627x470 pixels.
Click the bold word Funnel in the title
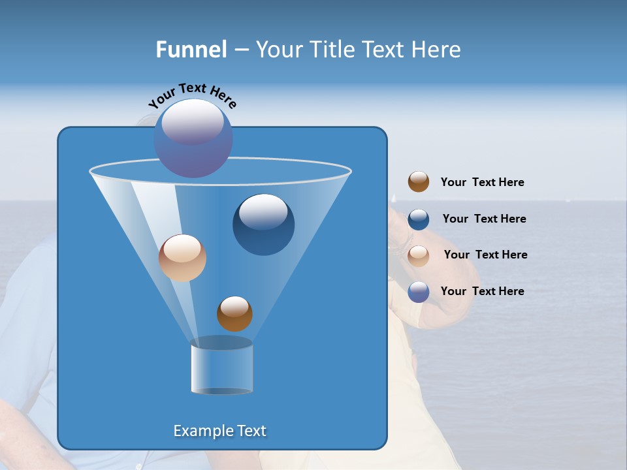click(x=191, y=50)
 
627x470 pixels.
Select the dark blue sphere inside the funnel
click(x=263, y=225)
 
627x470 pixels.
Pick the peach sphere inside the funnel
click(x=182, y=258)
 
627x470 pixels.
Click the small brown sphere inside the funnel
click(x=234, y=314)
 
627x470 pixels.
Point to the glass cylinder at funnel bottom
click(x=221, y=366)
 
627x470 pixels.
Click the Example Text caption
click(x=219, y=431)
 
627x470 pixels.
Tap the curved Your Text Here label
click(x=192, y=95)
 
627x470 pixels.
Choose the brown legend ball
click(x=419, y=182)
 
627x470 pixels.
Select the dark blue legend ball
click(x=419, y=219)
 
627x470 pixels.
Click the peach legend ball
click(x=419, y=255)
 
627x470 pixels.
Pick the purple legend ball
click(x=419, y=292)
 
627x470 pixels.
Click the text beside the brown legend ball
click(x=482, y=183)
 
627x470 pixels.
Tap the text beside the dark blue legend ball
click(x=484, y=219)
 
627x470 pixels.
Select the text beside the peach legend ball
click(x=485, y=255)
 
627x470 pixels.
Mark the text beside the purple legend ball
click(x=482, y=292)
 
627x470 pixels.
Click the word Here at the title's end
click(x=437, y=50)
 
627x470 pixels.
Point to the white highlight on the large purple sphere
click(x=193, y=121)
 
